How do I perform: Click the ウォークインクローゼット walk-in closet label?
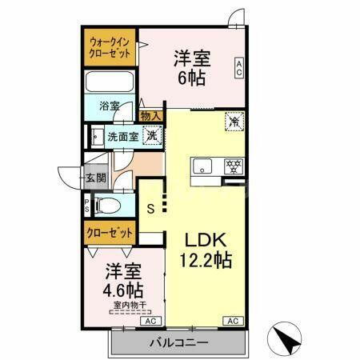pyautogui.click(x=111, y=46)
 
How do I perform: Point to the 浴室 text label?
pyautogui.click(x=110, y=106)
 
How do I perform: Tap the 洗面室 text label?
pyautogui.click(x=122, y=136)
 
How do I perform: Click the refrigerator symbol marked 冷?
pyautogui.click(x=234, y=122)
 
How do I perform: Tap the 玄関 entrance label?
pyautogui.click(x=95, y=178)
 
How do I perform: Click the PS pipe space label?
pyautogui.click(x=87, y=206)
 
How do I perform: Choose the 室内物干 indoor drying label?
pyautogui.click(x=123, y=304)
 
